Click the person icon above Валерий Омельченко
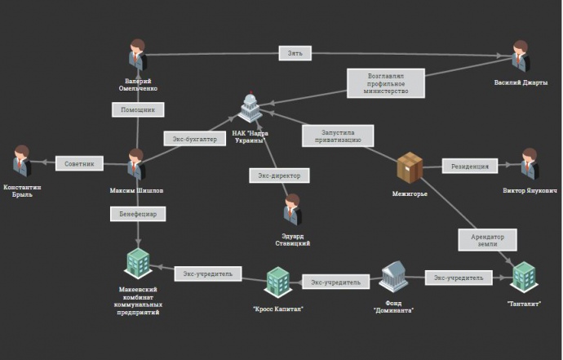[x=136, y=56]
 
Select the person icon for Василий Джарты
[x=520, y=56]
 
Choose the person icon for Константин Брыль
[x=22, y=162]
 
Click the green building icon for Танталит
[x=523, y=276]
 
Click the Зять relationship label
[x=295, y=53]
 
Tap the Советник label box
[x=80, y=164]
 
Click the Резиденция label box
[x=470, y=167]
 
